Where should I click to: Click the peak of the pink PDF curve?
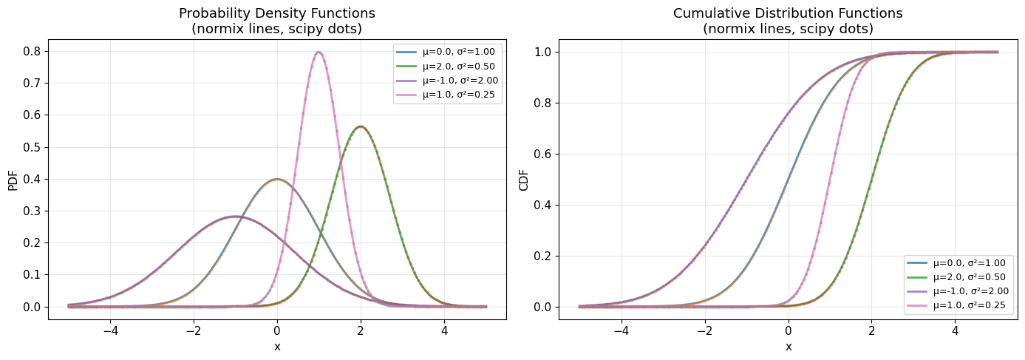point(319,52)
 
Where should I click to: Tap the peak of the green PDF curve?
point(360,126)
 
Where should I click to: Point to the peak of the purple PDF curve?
point(235,216)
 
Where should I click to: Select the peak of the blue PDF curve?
point(277,179)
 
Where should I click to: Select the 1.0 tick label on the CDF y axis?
point(543,52)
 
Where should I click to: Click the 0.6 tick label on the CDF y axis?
point(543,154)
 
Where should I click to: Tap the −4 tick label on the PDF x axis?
point(110,332)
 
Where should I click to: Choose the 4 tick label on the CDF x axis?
point(955,332)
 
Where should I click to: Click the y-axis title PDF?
point(13,179)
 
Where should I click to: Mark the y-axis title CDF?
point(523,179)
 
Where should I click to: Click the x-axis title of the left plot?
point(277,347)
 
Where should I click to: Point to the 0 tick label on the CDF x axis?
point(789,332)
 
